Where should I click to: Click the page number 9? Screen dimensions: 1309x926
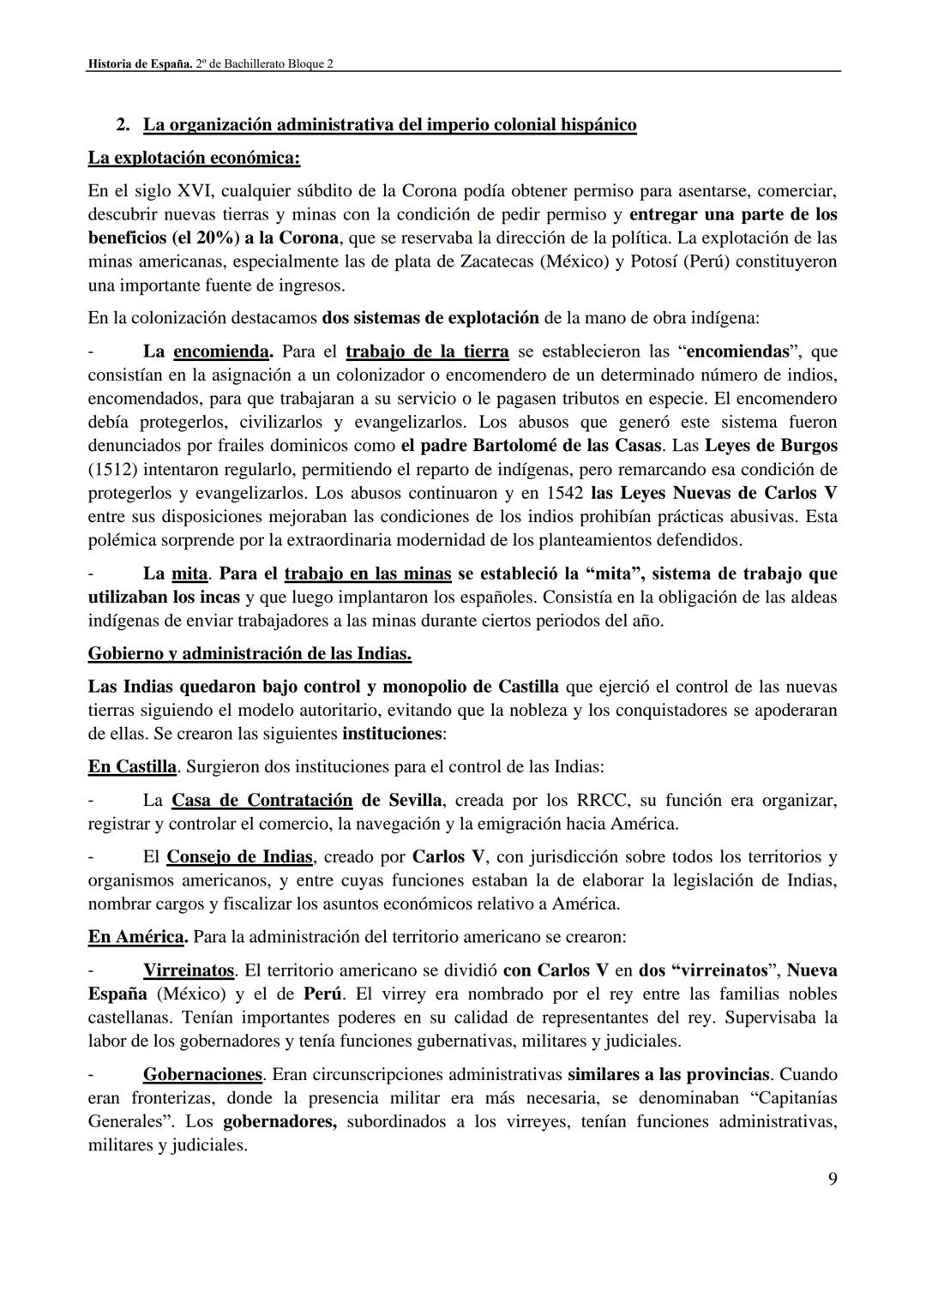point(832,1179)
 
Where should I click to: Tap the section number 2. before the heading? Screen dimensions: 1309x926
point(123,125)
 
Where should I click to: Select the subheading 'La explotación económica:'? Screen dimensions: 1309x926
point(194,158)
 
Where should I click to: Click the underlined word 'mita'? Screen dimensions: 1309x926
point(189,573)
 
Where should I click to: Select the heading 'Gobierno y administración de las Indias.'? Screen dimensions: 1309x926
point(250,654)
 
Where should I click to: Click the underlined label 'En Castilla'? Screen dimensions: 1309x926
point(132,766)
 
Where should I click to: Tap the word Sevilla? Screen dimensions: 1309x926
point(415,801)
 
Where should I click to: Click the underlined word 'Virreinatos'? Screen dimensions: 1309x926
point(189,970)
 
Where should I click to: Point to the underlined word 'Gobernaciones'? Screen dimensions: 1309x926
point(202,1074)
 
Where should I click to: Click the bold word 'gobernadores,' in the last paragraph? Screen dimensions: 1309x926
point(280,1121)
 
